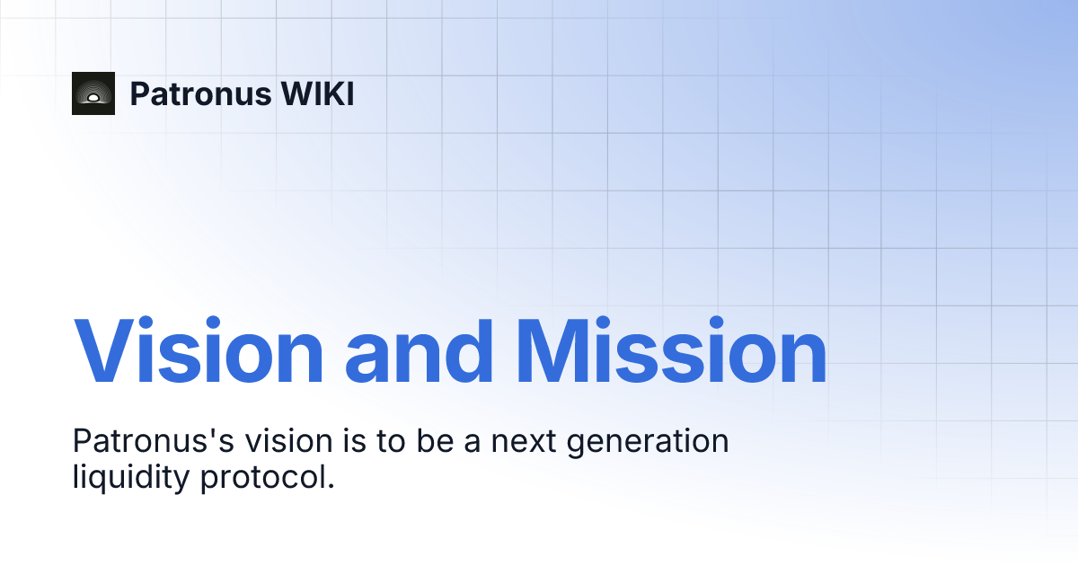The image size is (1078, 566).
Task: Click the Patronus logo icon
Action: (x=93, y=93)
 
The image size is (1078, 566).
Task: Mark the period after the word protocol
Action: (x=330, y=486)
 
